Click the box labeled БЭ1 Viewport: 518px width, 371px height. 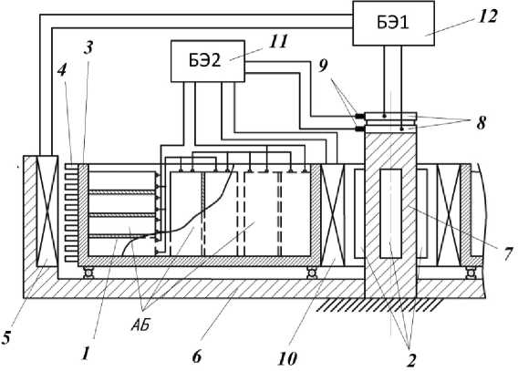pos(393,23)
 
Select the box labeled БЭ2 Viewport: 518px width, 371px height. pos(208,61)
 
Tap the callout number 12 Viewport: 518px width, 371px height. pos(488,16)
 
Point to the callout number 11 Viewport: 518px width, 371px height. pos(278,42)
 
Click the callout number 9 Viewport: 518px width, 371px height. pos(323,66)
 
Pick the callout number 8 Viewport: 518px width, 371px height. pos(481,123)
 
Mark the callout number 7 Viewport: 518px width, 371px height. pos(508,253)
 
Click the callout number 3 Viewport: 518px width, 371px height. pos(88,48)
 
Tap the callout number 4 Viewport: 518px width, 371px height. pos(62,70)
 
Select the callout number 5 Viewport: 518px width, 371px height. pos(5,337)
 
